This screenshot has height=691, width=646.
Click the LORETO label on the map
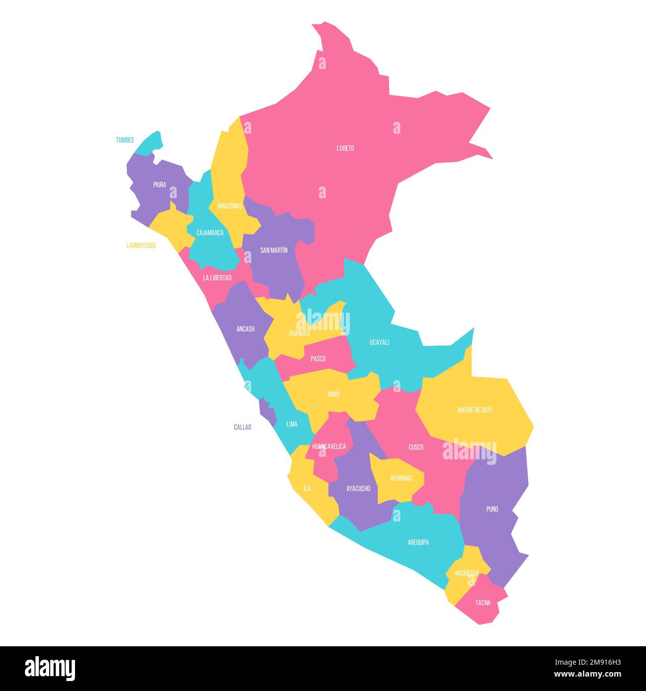click(x=345, y=148)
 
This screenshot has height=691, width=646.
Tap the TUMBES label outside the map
click(x=125, y=140)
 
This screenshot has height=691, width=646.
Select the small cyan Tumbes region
click(x=151, y=143)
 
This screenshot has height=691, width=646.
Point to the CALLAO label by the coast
click(x=242, y=427)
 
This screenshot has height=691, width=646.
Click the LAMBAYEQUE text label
click(x=141, y=246)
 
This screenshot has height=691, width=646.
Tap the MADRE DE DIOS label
click(x=475, y=410)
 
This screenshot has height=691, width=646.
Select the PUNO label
click(x=492, y=509)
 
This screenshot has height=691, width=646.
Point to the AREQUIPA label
click(x=418, y=542)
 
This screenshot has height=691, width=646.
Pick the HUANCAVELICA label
click(x=329, y=446)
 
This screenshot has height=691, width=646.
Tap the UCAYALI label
click(x=379, y=342)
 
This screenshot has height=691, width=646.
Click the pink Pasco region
click(x=318, y=358)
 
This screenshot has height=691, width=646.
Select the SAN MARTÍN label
click(x=274, y=250)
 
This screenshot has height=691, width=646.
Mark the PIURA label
click(x=160, y=184)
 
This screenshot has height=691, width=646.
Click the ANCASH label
click(x=245, y=329)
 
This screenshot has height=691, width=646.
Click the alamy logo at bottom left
click(x=50, y=668)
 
